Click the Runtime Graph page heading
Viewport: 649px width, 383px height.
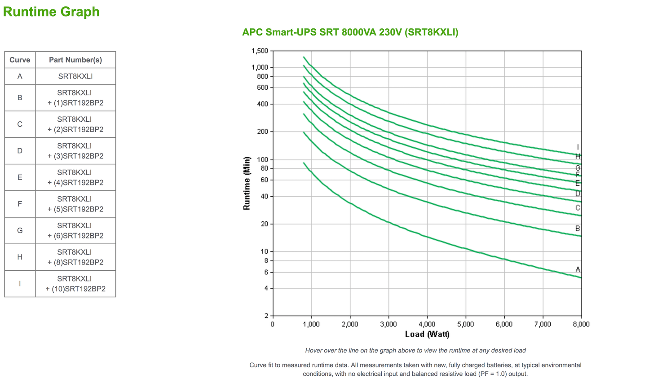click(51, 12)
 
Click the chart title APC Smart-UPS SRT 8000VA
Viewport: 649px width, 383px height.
click(350, 32)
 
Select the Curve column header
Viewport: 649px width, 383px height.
click(20, 60)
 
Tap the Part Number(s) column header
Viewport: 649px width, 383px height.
click(75, 60)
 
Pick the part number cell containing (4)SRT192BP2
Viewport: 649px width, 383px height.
click(75, 177)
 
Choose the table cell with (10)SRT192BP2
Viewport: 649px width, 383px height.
click(75, 284)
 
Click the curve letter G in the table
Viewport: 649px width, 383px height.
click(20, 230)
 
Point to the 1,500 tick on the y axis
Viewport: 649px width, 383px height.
click(260, 51)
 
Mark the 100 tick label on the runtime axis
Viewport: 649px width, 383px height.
click(262, 159)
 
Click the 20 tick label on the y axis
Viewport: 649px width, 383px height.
click(264, 224)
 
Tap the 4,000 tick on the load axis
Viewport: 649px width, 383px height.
click(427, 324)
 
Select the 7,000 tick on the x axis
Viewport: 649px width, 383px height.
click(543, 324)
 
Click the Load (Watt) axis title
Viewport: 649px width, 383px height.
click(427, 334)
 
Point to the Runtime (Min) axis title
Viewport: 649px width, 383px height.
click(247, 183)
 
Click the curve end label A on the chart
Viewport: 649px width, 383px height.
click(578, 269)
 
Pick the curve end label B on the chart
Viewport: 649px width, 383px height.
click(578, 229)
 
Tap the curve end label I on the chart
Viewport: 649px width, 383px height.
click(578, 147)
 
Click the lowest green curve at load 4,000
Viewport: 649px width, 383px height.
click(427, 236)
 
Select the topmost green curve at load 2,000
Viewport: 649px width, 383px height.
click(350, 95)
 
